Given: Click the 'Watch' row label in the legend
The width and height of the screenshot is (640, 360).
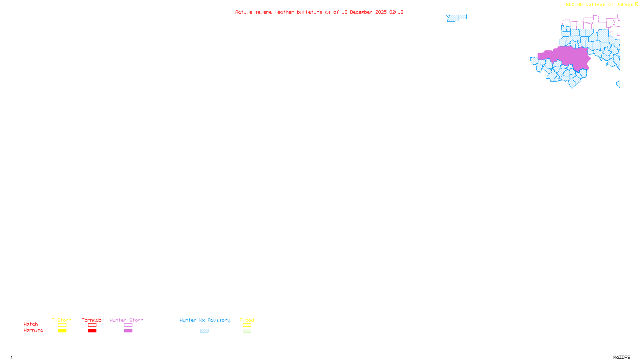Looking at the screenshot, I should point(31,324).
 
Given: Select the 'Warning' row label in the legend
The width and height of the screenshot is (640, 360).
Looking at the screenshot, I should point(33,330).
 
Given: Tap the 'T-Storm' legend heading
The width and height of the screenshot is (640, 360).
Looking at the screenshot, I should point(62,320).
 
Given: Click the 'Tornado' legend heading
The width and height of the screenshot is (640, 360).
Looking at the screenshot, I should point(92,320).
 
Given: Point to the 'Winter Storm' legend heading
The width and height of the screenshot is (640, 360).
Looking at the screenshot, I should point(126,320).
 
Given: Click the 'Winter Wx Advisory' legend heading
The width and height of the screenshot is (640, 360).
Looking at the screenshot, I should point(205,320).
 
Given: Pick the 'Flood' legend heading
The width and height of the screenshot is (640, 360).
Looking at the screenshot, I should point(247,320).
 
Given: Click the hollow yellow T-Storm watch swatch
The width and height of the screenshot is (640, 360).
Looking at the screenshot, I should point(62,325).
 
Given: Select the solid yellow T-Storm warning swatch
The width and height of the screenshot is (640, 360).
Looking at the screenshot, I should point(62,331).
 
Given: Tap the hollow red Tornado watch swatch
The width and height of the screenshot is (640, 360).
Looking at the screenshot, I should point(92,325).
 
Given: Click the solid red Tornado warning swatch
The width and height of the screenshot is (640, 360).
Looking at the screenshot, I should point(92,331).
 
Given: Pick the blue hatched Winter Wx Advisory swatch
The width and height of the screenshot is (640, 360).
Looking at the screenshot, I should point(204,331).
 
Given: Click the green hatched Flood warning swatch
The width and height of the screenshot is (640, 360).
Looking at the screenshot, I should point(247,331).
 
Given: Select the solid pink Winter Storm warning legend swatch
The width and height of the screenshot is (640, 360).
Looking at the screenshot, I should point(128,331).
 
